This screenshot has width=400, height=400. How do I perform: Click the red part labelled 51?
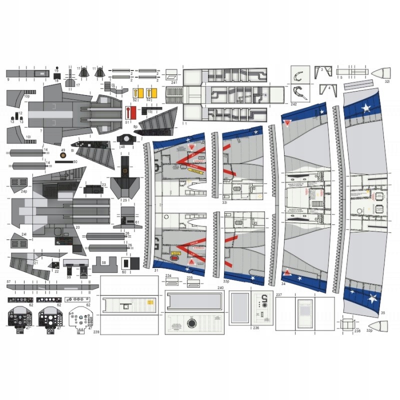click(x=130, y=112)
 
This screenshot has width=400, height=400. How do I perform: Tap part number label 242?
click(x=293, y=104)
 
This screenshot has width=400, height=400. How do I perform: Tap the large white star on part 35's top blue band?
click(x=367, y=107)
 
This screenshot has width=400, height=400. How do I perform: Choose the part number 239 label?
click(x=96, y=331)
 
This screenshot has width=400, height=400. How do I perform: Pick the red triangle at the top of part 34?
click(x=288, y=123)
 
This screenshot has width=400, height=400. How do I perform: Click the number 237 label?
click(x=279, y=295)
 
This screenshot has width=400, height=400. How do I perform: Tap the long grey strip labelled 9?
click(x=27, y=74)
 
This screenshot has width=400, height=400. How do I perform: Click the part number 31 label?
click(x=156, y=270)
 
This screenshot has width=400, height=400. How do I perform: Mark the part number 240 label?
click(x=220, y=288)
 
